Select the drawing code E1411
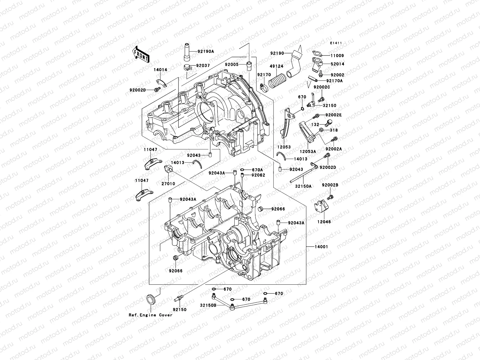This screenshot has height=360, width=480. pos(336,43)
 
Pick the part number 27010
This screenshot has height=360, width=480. pos(169,183)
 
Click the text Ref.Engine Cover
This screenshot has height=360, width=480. pos(151,315)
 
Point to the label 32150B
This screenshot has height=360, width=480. pos(208,305)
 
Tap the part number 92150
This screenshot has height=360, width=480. pos(179,310)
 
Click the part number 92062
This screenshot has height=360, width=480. pos(258,175)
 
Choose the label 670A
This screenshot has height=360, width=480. pos(257,169)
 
